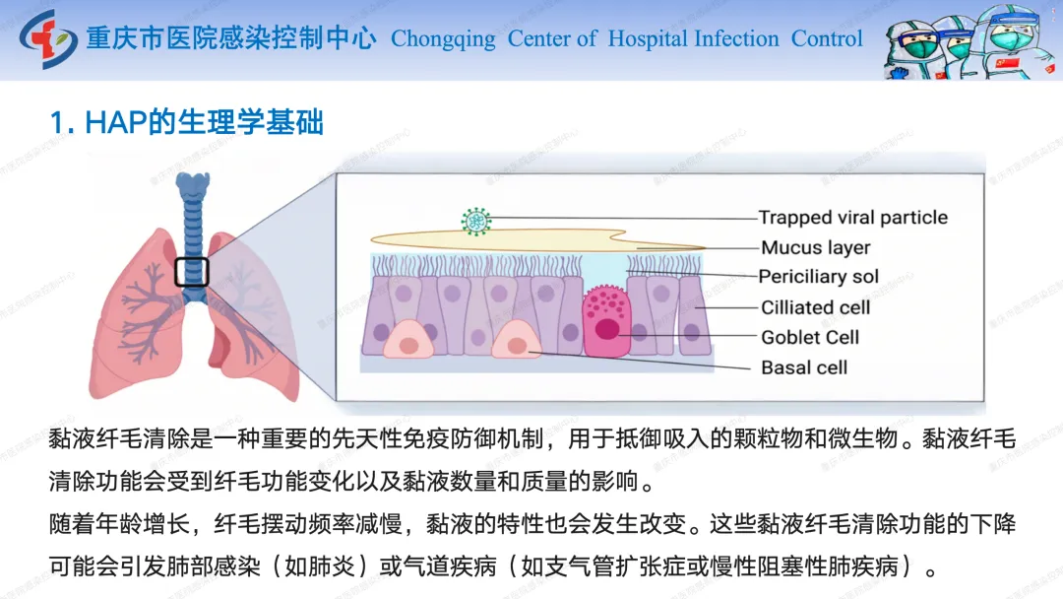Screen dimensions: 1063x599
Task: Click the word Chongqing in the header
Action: click(443, 39)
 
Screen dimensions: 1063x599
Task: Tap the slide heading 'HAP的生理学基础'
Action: click(187, 123)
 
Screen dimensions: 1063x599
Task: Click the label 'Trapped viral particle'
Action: click(853, 218)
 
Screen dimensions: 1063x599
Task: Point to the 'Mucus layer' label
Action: click(816, 247)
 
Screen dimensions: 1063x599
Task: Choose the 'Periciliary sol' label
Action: click(819, 277)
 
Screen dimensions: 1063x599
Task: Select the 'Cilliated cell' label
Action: click(816, 307)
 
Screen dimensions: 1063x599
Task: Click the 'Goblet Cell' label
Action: click(810, 337)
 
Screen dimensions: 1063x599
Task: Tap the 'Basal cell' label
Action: click(804, 367)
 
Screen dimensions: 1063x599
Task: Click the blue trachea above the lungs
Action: click(192, 212)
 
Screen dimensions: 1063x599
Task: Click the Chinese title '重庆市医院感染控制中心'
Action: click(231, 39)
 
